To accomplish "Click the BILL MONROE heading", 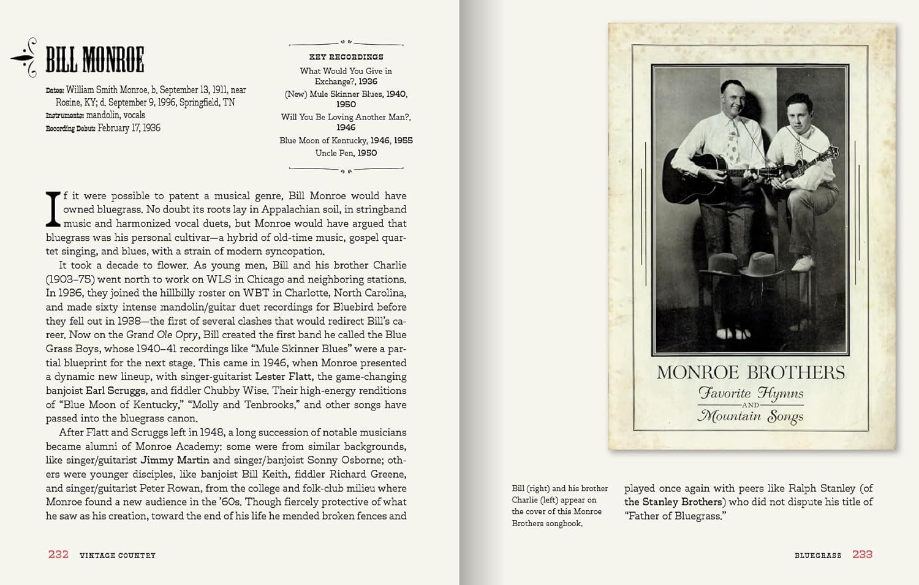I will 95,59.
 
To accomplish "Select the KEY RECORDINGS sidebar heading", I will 346,57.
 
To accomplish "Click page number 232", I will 58,554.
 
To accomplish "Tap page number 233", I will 862,554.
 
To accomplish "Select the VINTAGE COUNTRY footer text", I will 118,555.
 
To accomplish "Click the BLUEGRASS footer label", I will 818,555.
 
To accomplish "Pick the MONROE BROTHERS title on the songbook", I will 751,372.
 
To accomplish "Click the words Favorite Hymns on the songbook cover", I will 751,393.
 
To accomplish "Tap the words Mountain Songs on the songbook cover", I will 751,417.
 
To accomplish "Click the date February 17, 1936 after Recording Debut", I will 129,128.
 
